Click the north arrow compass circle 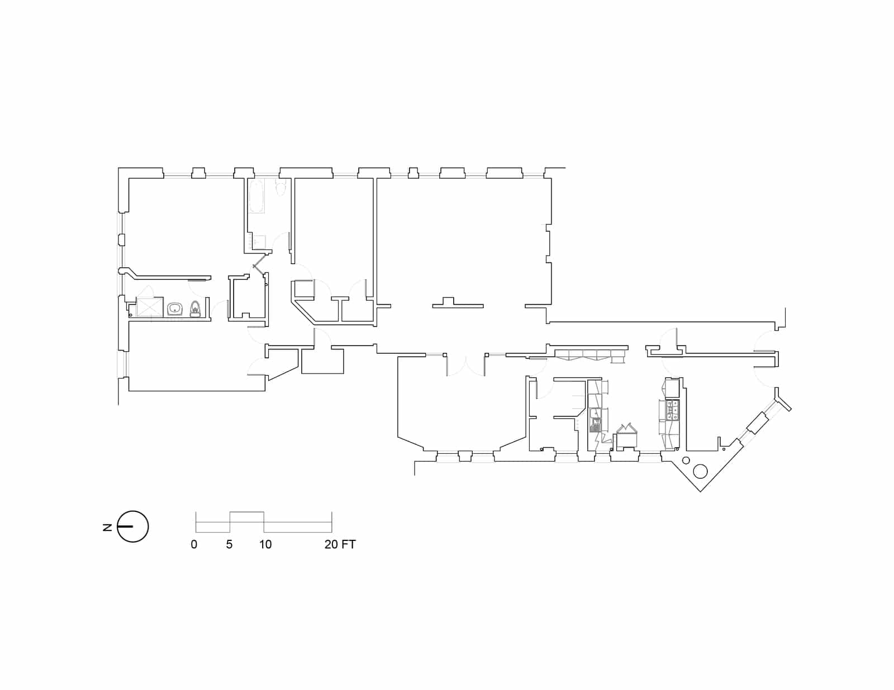tap(133, 526)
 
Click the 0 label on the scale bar tap(194, 545)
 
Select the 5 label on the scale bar tap(229, 545)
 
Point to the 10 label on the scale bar tap(265, 545)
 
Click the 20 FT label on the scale tap(340, 545)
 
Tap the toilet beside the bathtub tap(280, 188)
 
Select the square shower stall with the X tap(149, 307)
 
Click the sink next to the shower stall tap(175, 309)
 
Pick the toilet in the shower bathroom tap(195, 309)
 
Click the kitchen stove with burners tap(673, 410)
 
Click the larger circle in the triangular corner tap(700, 471)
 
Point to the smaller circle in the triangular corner tap(684, 461)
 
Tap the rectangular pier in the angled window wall tap(758, 423)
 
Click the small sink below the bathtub tap(259, 242)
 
